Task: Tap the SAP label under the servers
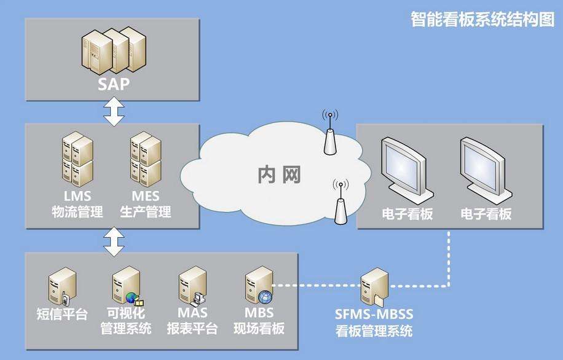pyautogui.click(x=114, y=84)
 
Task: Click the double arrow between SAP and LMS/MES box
pyautogui.click(x=114, y=112)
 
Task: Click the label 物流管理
pyautogui.click(x=77, y=213)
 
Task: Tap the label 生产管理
pyautogui.click(x=146, y=213)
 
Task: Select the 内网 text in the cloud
pyautogui.click(x=279, y=174)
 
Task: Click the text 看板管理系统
pyautogui.click(x=374, y=331)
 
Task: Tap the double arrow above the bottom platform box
pyautogui.click(x=114, y=241)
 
